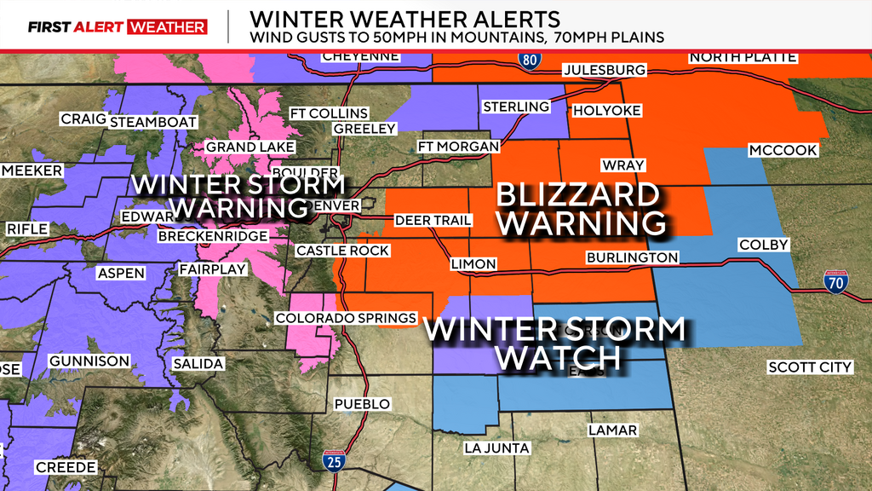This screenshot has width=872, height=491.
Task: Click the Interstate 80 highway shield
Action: [529, 59]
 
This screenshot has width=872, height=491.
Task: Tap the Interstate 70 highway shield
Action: [839, 282]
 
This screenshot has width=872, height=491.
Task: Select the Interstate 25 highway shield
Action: [333, 462]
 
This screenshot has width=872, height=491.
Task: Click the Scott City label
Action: [809, 367]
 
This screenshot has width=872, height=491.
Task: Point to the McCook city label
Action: [783, 151]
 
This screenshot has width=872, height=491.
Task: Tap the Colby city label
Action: [763, 245]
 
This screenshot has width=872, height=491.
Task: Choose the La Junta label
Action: [496, 448]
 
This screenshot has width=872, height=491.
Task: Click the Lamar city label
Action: [612, 430]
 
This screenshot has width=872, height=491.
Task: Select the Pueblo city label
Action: [363, 404]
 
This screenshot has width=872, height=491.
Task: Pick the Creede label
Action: [66, 467]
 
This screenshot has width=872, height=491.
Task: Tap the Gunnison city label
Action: [89, 361]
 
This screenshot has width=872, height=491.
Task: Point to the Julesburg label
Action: [604, 70]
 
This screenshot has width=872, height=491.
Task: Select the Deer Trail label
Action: [433, 220]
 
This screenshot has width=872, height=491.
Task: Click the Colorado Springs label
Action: [346, 318]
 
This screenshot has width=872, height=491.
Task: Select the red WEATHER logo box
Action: [167, 27]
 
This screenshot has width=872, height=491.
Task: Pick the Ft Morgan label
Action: [458, 147]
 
